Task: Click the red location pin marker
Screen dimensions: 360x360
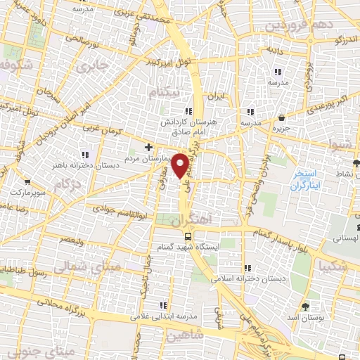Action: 180,165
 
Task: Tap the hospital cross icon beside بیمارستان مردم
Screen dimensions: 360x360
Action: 148,147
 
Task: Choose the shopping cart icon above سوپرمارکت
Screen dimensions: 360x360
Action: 27,181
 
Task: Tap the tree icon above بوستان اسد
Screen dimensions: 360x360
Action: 304,307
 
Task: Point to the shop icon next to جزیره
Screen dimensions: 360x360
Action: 282,118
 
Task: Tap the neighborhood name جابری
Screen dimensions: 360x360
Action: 92,67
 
